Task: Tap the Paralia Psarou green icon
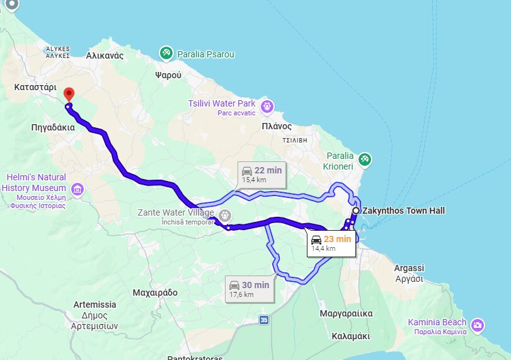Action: pyautogui.click(x=166, y=54)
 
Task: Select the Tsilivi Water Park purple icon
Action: pyautogui.click(x=267, y=106)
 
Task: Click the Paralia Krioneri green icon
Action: pyautogui.click(x=364, y=160)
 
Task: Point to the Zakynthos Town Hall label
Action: pyautogui.click(x=403, y=211)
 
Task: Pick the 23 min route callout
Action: pyautogui.click(x=331, y=243)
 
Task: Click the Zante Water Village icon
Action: pyautogui.click(x=224, y=214)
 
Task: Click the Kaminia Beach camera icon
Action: pyautogui.click(x=478, y=325)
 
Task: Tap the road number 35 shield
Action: pyautogui.click(x=263, y=320)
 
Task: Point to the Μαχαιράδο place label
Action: pyautogui.click(x=155, y=293)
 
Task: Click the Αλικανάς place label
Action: pyautogui.click(x=105, y=55)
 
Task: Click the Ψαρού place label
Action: pyautogui.click(x=168, y=74)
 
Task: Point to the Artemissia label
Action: pyautogui.click(x=95, y=303)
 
